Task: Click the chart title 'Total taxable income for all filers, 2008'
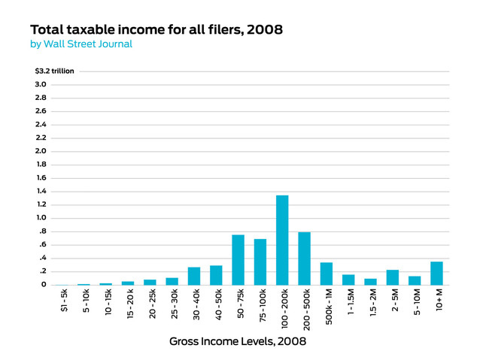(156, 29)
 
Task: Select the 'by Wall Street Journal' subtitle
(81, 44)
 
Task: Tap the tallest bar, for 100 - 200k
(282, 240)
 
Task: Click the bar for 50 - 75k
(238, 260)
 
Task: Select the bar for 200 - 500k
(304, 259)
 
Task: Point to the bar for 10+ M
(436, 273)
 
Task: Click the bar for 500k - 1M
(327, 274)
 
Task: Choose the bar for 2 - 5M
(393, 277)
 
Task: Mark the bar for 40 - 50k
(216, 275)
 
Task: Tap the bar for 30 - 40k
(194, 276)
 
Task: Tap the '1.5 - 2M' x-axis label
(371, 306)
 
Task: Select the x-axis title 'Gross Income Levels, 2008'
(238, 341)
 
